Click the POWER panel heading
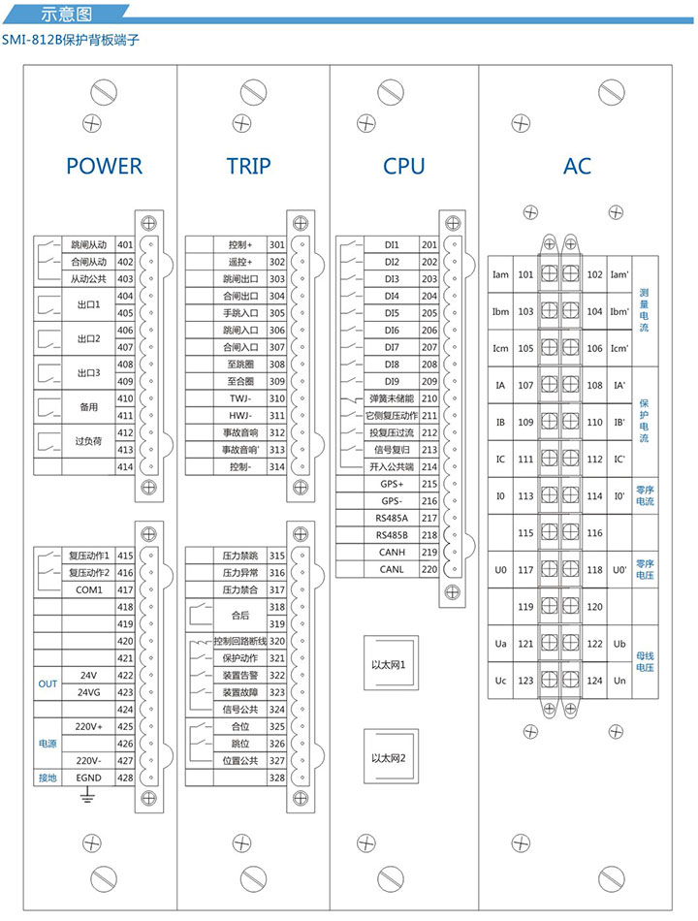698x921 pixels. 104,166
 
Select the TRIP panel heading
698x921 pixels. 249,166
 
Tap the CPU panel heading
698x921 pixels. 403,166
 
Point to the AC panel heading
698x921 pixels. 577,166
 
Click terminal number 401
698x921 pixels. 124,245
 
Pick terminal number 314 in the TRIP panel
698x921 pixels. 277,466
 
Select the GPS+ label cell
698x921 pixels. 392,484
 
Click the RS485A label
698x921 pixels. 392,518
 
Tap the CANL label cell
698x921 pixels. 392,569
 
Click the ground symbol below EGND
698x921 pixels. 86,796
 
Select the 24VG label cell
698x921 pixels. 88,692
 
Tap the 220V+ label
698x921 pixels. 88,726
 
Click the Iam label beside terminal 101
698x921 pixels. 500,274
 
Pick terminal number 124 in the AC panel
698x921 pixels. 595,681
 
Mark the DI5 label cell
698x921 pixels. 392,313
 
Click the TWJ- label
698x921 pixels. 240,398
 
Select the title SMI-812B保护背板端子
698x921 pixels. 74,44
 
